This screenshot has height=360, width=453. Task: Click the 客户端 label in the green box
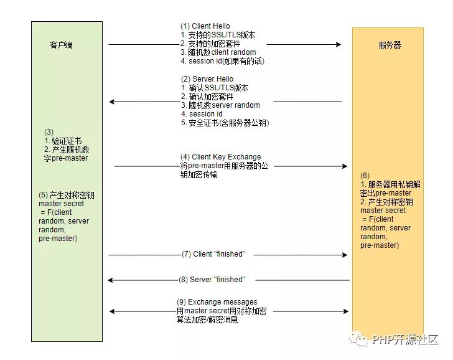[61, 45]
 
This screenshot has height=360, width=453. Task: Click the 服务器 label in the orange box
[390, 45]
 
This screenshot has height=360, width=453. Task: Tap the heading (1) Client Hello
[205, 26]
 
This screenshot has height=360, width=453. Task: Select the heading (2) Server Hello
[207, 79]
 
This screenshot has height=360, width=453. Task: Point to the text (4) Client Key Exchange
[221, 157]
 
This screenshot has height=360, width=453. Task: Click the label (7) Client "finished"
[213, 254]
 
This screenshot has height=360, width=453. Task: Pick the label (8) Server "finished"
[212, 280]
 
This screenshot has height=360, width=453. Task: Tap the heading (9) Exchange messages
[217, 302]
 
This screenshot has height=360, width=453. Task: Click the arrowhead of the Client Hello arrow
[339, 44]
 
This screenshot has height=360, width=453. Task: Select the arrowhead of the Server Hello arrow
[112, 102]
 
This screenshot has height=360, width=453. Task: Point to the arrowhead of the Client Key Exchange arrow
[344, 166]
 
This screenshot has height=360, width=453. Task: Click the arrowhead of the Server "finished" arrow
[110, 280]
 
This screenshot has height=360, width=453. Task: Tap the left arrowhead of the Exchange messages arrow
[113, 311]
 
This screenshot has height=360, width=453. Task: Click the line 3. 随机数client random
[218, 52]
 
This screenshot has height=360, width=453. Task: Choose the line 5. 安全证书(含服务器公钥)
[225, 123]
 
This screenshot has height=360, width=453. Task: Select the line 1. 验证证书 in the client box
[63, 141]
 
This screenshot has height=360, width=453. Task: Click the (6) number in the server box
[365, 176]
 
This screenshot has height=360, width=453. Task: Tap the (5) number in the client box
[43, 195]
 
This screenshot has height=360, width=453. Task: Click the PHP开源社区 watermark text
[405, 339]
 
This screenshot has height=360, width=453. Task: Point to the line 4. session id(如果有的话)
[223, 61]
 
